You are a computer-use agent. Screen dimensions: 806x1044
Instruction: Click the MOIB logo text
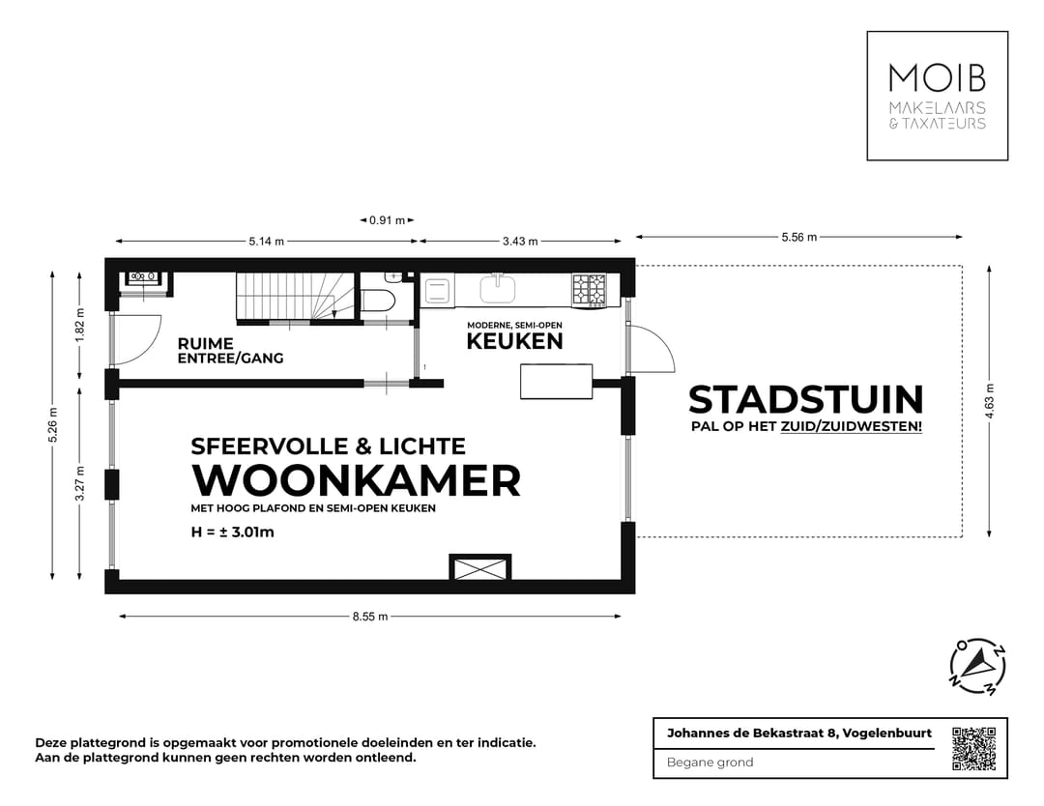pyautogui.click(x=936, y=78)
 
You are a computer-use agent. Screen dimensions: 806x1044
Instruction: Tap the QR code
pyautogui.click(x=973, y=748)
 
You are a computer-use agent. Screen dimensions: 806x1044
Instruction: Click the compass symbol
pyautogui.click(x=977, y=668)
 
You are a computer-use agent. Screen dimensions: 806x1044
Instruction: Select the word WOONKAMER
pyautogui.click(x=357, y=480)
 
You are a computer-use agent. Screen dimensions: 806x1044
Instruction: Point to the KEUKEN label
pyautogui.click(x=514, y=341)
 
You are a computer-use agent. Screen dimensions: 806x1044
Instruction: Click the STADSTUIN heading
pyautogui.click(x=805, y=399)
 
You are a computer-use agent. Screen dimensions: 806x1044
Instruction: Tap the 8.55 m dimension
pyautogui.click(x=369, y=617)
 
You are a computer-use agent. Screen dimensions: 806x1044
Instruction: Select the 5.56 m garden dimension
pyautogui.click(x=798, y=237)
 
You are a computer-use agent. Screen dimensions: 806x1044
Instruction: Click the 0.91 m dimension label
pyautogui.click(x=387, y=220)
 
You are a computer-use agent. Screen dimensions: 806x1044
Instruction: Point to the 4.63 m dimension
pyautogui.click(x=989, y=400)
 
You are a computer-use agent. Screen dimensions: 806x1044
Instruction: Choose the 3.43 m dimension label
pyautogui.click(x=520, y=242)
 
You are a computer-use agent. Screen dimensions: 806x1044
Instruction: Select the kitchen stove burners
pyautogui.click(x=589, y=289)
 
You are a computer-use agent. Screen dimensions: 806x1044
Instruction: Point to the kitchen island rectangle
pyautogui.click(x=556, y=381)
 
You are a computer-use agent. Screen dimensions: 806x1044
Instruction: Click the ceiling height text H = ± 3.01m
pyautogui.click(x=233, y=531)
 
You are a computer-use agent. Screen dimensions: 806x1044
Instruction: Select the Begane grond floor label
pyautogui.click(x=710, y=763)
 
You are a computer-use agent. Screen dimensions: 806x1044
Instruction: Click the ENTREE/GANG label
pyautogui.click(x=230, y=359)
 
